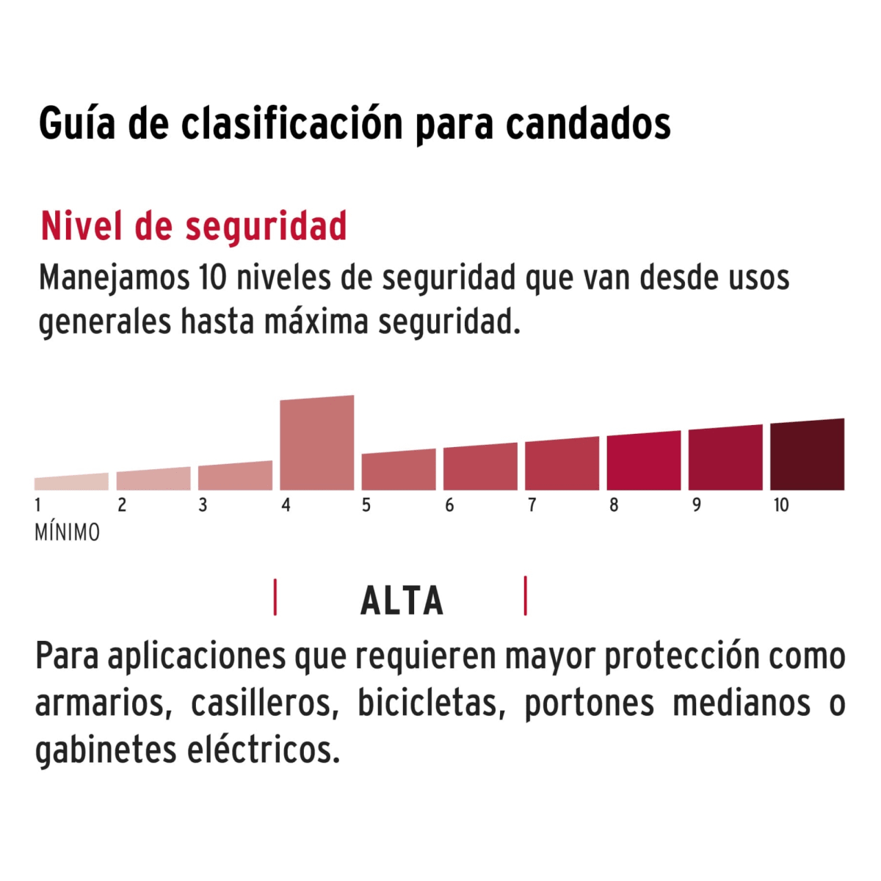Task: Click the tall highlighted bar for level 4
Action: tap(317, 443)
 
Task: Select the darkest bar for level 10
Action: tap(807, 455)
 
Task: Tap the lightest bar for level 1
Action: tap(71, 482)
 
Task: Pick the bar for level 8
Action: tap(643, 462)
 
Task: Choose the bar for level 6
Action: tap(480, 468)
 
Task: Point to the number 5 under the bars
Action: tap(366, 505)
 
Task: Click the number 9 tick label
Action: tap(696, 505)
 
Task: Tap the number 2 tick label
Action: tap(122, 505)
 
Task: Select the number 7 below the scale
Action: tap(532, 505)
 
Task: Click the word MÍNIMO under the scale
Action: tap(67, 532)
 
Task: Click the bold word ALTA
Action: tap(402, 601)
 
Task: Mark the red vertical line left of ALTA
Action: tap(275, 597)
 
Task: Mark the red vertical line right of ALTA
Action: tap(526, 595)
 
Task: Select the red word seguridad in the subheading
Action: tap(266, 226)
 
